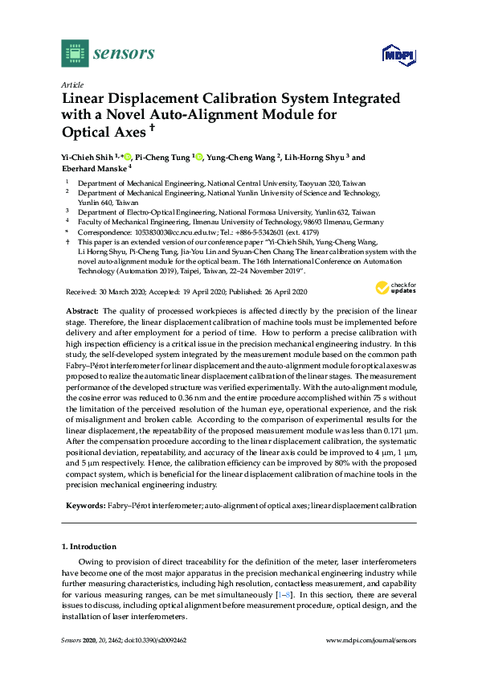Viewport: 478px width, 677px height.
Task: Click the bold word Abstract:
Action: pyautogui.click(x=81, y=310)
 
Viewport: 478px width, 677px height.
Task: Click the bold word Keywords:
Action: pyautogui.click(x=84, y=506)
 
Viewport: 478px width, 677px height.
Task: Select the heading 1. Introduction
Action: pyautogui.click(x=92, y=546)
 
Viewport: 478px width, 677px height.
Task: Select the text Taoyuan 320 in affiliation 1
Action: pyautogui.click(x=325, y=183)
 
